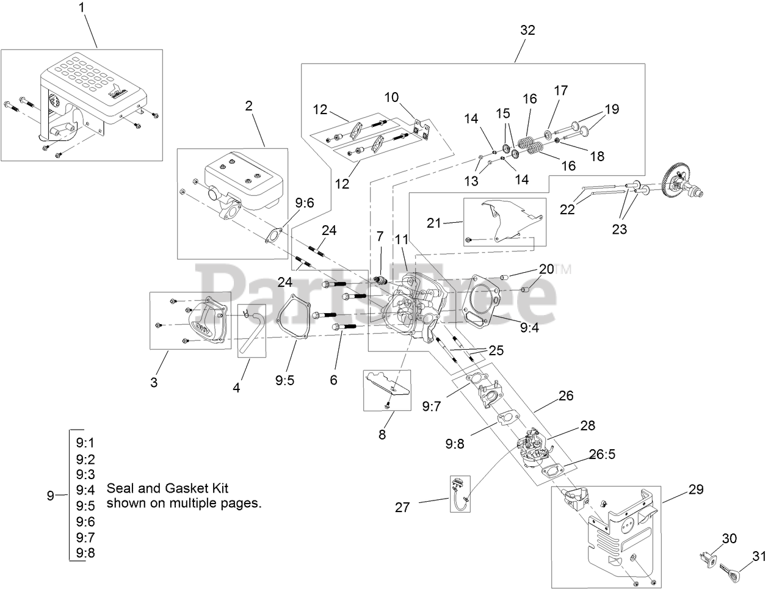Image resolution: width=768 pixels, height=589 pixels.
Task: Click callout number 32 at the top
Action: [528, 30]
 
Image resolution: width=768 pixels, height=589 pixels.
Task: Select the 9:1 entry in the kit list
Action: [85, 443]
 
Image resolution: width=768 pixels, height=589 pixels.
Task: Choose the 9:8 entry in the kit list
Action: [85, 553]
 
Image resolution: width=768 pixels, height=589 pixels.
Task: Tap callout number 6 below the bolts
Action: [333, 380]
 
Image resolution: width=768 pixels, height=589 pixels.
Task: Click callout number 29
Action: [695, 490]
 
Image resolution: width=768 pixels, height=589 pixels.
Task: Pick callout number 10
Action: [391, 97]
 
